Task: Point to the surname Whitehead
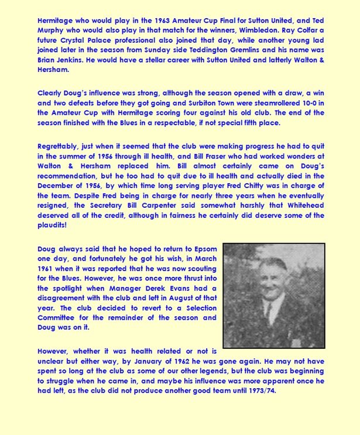click(x=300, y=205)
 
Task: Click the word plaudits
click(x=50, y=225)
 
